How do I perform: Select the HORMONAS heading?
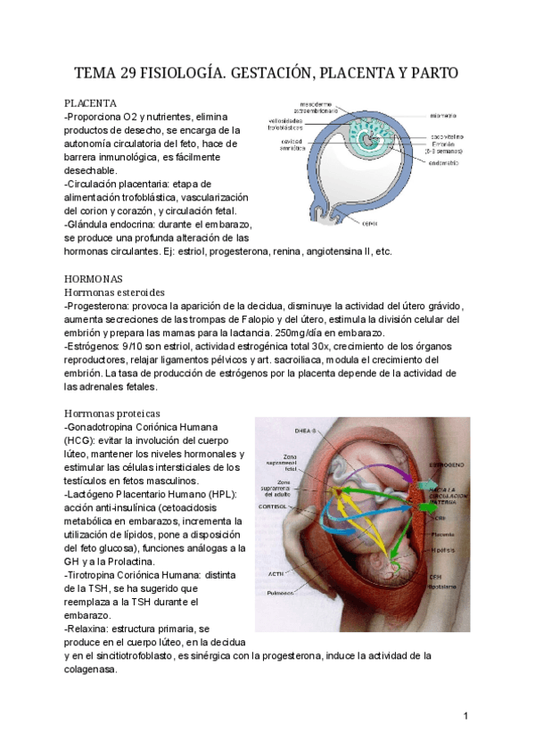point(94,278)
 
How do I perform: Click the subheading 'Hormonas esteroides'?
point(119,292)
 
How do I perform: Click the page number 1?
point(465,716)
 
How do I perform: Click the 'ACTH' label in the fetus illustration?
point(274,573)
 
